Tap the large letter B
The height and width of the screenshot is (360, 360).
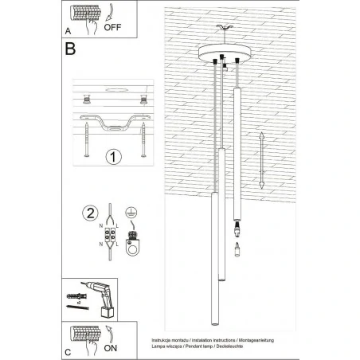click(x=70, y=49)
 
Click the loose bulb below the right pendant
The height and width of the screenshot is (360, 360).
click(x=236, y=250)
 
